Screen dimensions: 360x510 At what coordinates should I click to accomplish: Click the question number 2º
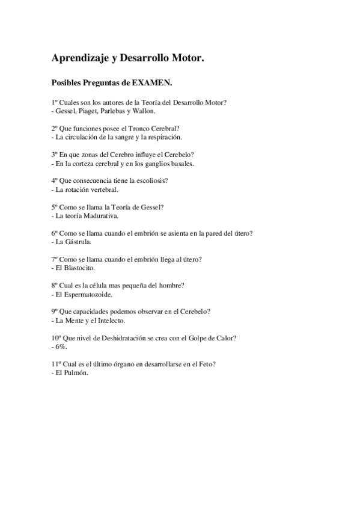[55, 129]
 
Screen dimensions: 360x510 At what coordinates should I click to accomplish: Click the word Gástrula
[81, 242]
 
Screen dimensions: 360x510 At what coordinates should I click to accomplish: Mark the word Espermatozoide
[87, 295]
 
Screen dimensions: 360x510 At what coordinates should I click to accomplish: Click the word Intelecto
[108, 321]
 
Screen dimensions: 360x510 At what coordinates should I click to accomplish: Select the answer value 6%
[61, 347]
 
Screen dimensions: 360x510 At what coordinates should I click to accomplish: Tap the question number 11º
[57, 364]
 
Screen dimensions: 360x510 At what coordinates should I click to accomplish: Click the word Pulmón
[76, 373]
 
